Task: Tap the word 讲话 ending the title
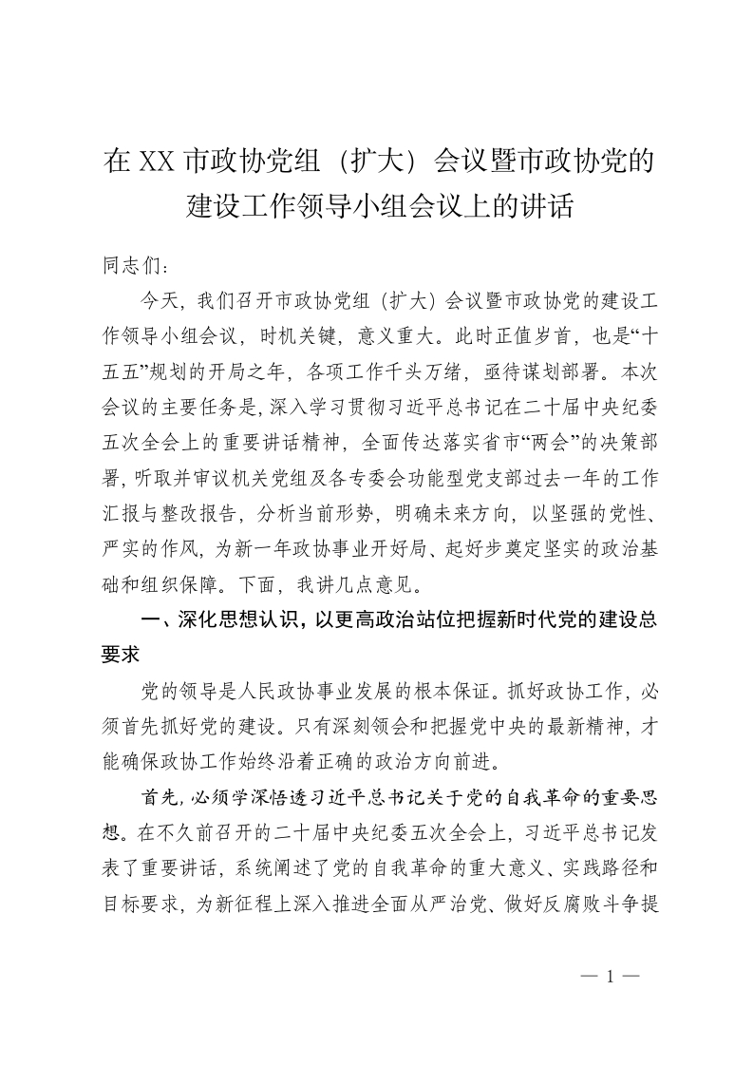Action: [x=549, y=206]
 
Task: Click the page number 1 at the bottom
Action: [x=610, y=977]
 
